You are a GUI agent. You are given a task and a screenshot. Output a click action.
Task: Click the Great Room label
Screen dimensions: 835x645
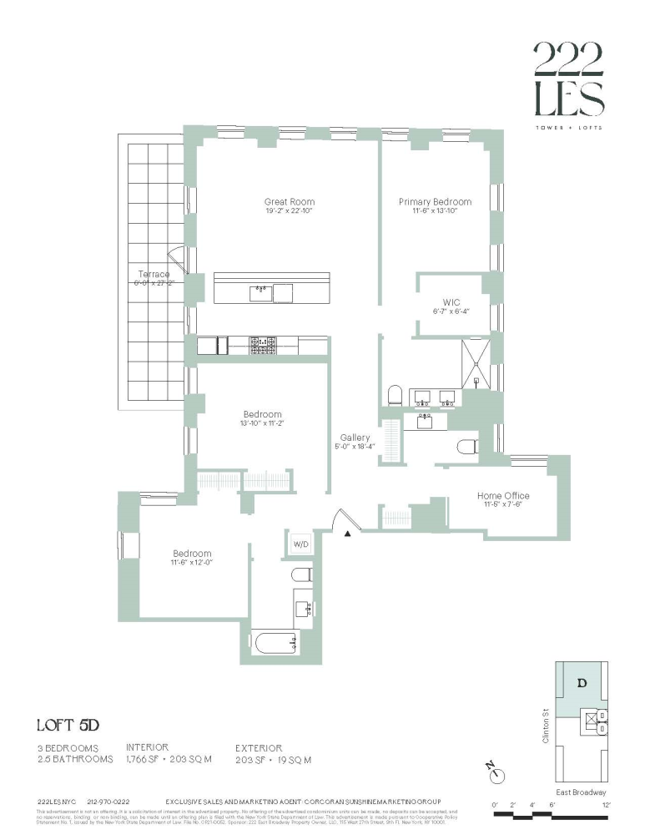pyautogui.click(x=289, y=202)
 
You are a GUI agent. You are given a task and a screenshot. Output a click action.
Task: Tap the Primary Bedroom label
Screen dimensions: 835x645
pyautogui.click(x=435, y=202)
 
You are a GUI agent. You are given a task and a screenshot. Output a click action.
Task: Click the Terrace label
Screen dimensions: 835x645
pyautogui.click(x=154, y=275)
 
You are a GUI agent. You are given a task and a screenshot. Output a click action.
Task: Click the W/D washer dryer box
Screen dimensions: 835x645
pyautogui.click(x=299, y=544)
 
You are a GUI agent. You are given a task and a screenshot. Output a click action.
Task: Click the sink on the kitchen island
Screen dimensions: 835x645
pyautogui.click(x=261, y=291)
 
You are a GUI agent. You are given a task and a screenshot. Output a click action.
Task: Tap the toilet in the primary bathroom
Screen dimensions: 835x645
pyautogui.click(x=396, y=393)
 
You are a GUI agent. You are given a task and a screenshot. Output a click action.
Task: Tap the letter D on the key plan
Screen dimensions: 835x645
pyautogui.click(x=582, y=683)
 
